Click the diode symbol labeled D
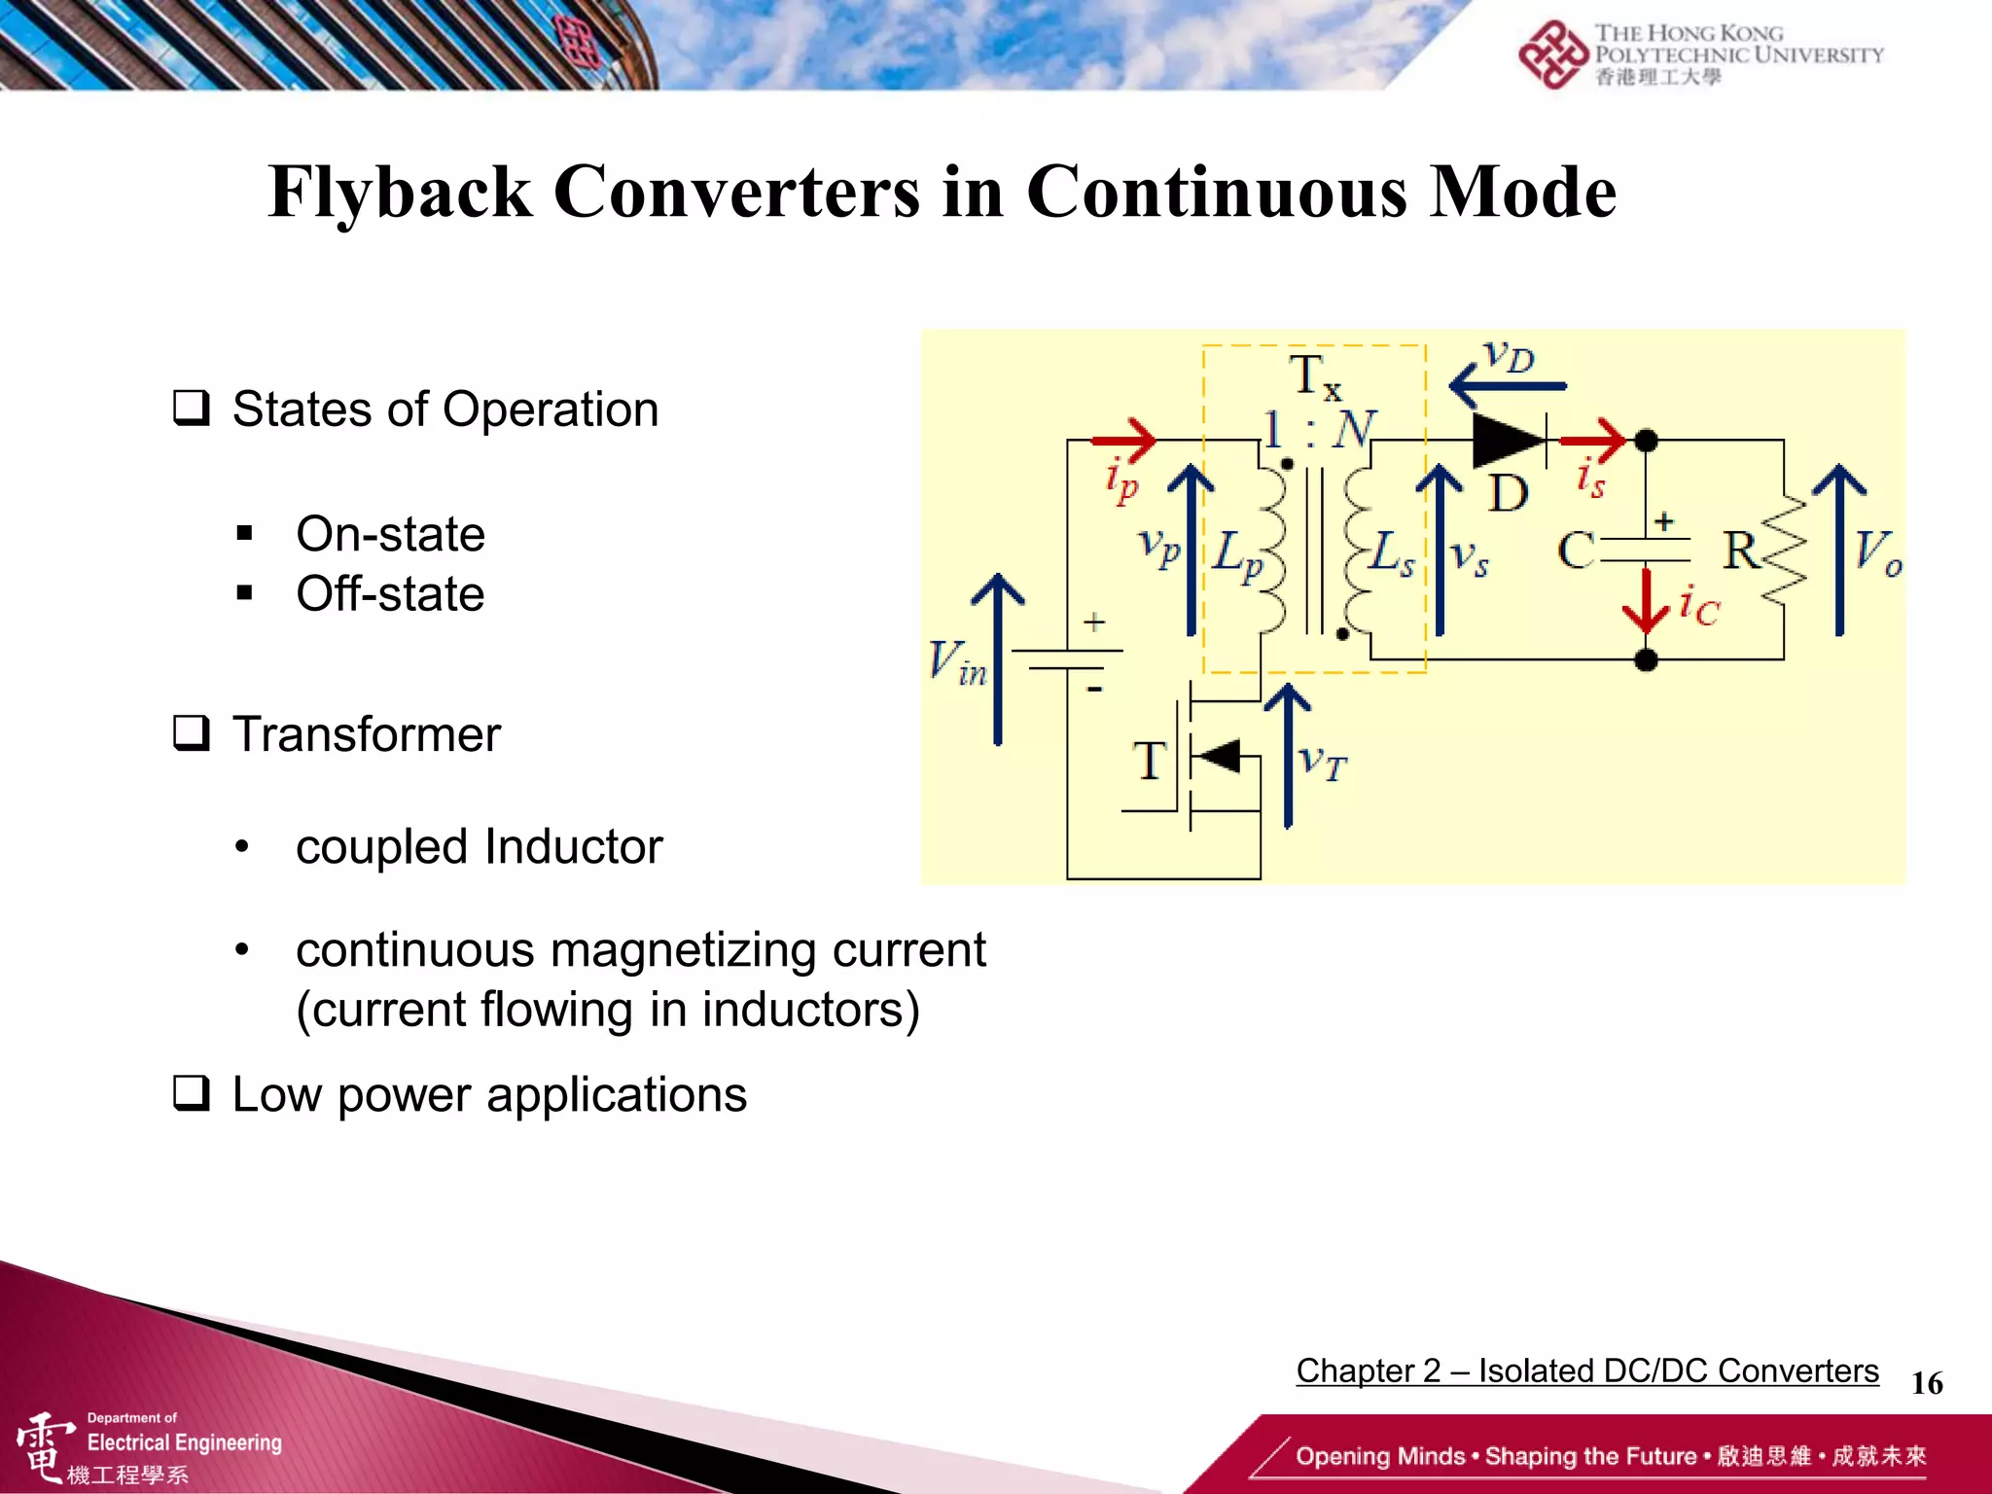1509,441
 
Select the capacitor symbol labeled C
1646,551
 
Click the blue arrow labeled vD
1508,386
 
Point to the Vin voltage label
957,663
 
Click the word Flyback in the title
399,192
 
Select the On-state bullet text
390,534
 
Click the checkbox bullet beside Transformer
192,733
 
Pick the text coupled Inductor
479,846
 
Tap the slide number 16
1926,1383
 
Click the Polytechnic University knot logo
1552,55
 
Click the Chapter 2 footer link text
1586,1370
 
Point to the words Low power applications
489,1095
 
